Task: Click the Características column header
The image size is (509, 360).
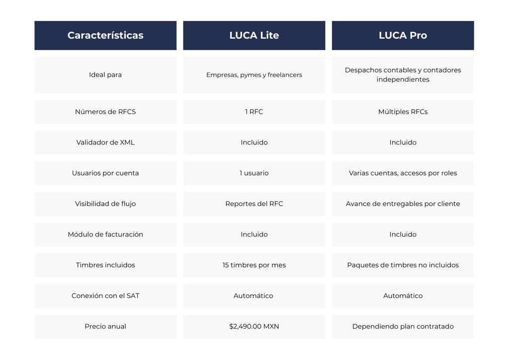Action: pos(105,35)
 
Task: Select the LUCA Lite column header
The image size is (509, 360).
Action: pos(254,35)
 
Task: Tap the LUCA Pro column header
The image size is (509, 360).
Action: pos(403,35)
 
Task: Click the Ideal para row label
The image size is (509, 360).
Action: pos(105,75)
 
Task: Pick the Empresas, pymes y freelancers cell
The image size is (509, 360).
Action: pos(254,75)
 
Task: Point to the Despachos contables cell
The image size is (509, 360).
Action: pos(403,75)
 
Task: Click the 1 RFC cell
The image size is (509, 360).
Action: pos(254,112)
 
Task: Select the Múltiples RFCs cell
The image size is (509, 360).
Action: pos(403,112)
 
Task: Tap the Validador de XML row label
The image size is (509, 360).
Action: pos(105,142)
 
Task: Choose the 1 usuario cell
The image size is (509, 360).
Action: pos(254,173)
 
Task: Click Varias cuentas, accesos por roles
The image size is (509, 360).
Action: pos(403,173)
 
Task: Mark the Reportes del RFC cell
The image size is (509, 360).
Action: pos(254,204)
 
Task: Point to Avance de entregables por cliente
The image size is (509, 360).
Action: pos(403,204)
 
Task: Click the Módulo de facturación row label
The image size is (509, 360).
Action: pos(105,234)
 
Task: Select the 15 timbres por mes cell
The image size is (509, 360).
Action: pos(254,265)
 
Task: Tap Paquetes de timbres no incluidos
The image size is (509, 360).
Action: pos(403,265)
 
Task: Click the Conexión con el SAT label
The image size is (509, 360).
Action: pos(105,296)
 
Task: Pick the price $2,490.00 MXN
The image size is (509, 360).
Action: pos(254,327)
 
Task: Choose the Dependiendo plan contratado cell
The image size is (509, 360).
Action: pos(403,327)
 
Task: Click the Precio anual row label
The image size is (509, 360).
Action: pos(105,327)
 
